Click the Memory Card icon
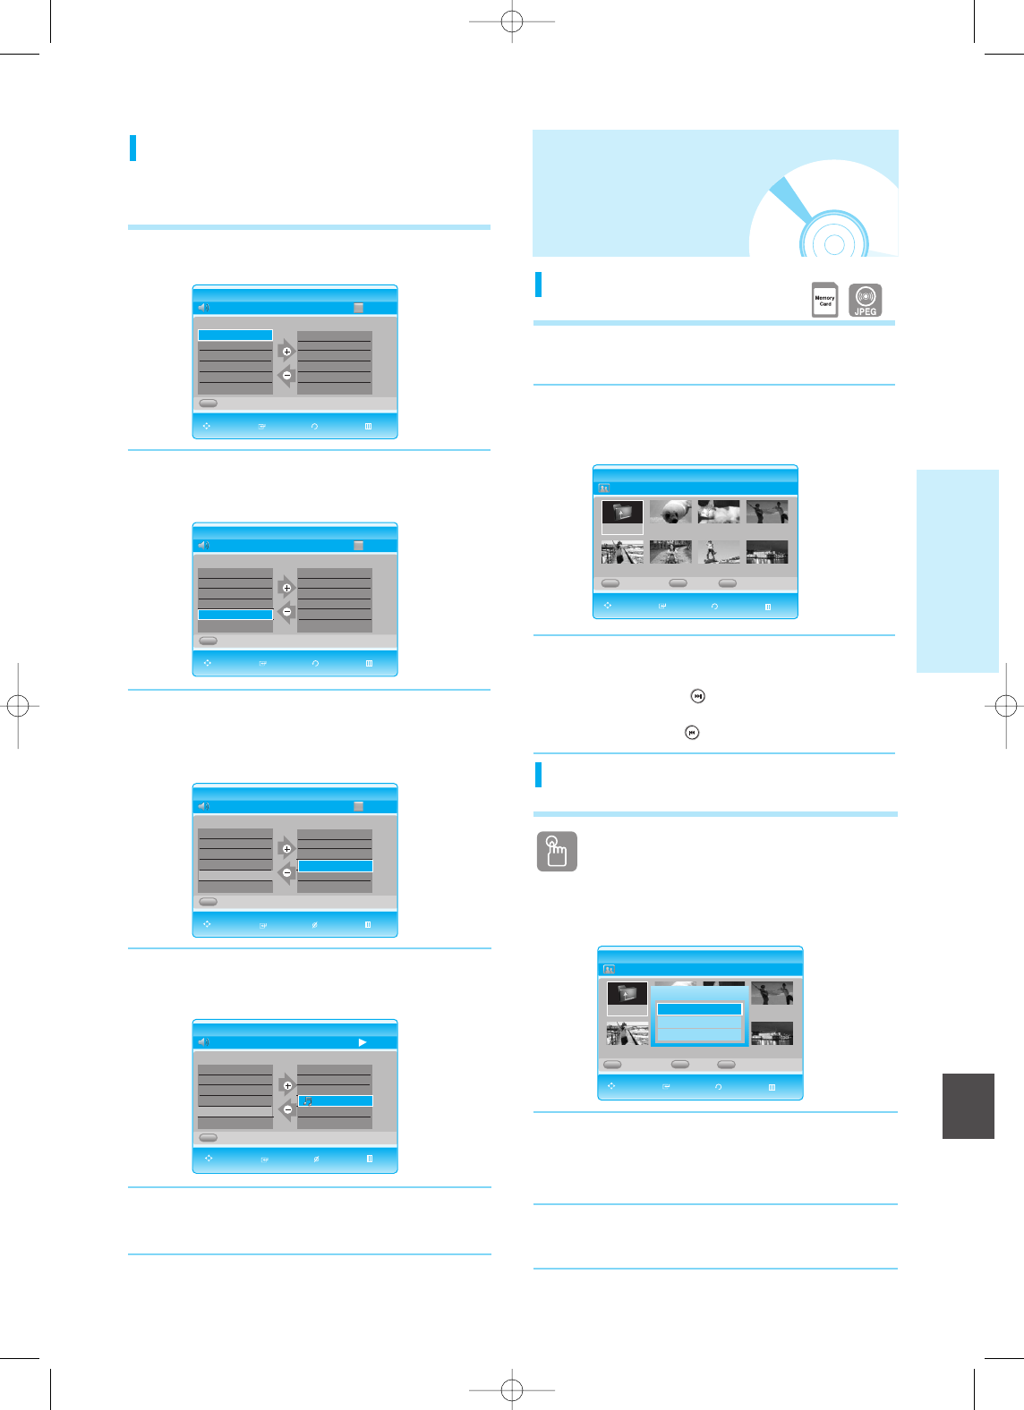[x=824, y=301]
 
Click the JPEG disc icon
[x=865, y=300]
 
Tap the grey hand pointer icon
[x=557, y=852]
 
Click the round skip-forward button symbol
[x=698, y=696]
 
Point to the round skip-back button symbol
[x=692, y=733]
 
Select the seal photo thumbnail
[x=670, y=512]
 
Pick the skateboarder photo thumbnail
[x=719, y=552]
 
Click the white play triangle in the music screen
[x=363, y=1042]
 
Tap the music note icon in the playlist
[x=307, y=1101]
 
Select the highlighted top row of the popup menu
[x=699, y=1009]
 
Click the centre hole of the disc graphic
[x=834, y=244]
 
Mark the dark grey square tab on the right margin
[x=969, y=1106]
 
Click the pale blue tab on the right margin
[x=957, y=570]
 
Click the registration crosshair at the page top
[x=512, y=21]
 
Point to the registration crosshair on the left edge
[x=18, y=706]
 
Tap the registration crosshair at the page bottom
[x=512, y=1389]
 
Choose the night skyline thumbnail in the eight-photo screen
[x=767, y=552]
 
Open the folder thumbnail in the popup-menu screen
[x=627, y=994]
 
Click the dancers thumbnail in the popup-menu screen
[x=772, y=993]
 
